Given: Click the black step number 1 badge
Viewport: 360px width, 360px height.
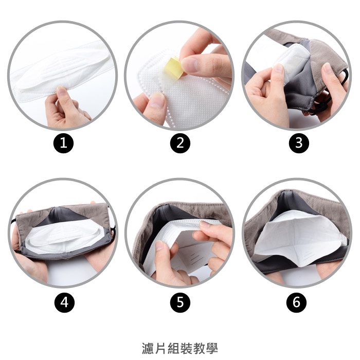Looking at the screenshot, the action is [x=64, y=143].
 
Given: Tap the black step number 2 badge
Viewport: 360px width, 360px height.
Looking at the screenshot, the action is [x=180, y=143].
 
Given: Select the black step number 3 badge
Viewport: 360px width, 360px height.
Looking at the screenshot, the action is [x=299, y=143].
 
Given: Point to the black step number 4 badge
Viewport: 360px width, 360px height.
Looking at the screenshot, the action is [x=64, y=302].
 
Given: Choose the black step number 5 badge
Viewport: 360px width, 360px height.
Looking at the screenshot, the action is [x=180, y=302].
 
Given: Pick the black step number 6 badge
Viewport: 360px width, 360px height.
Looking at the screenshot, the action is [x=296, y=302].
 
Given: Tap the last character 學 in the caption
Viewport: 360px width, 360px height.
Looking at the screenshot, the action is [x=212, y=348].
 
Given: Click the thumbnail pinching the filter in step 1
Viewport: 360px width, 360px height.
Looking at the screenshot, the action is [x=61, y=91].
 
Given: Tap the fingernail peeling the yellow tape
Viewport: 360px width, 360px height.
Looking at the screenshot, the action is [x=189, y=65].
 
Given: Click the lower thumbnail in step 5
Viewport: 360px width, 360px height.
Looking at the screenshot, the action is [x=159, y=246].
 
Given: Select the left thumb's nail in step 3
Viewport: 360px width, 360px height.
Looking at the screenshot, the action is [x=279, y=68].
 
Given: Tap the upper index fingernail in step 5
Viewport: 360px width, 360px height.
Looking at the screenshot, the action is [x=205, y=224].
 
